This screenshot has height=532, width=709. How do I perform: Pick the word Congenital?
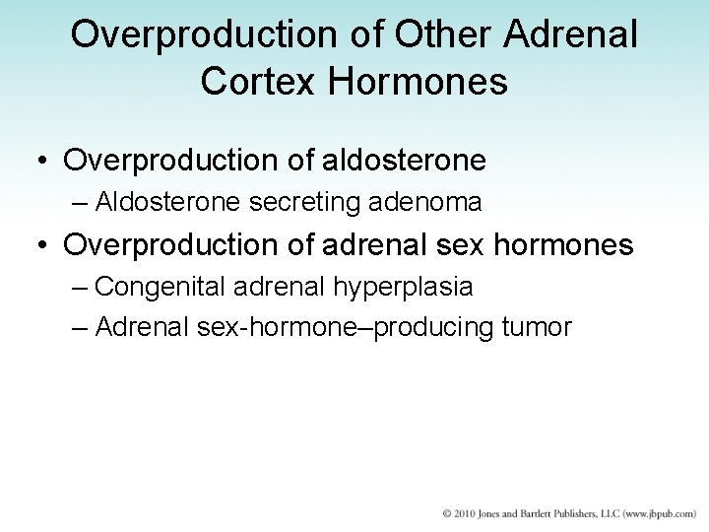[158, 288]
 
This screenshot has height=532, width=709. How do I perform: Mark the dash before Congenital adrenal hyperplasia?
[81, 288]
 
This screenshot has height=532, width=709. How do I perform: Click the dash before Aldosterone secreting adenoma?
[81, 204]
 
